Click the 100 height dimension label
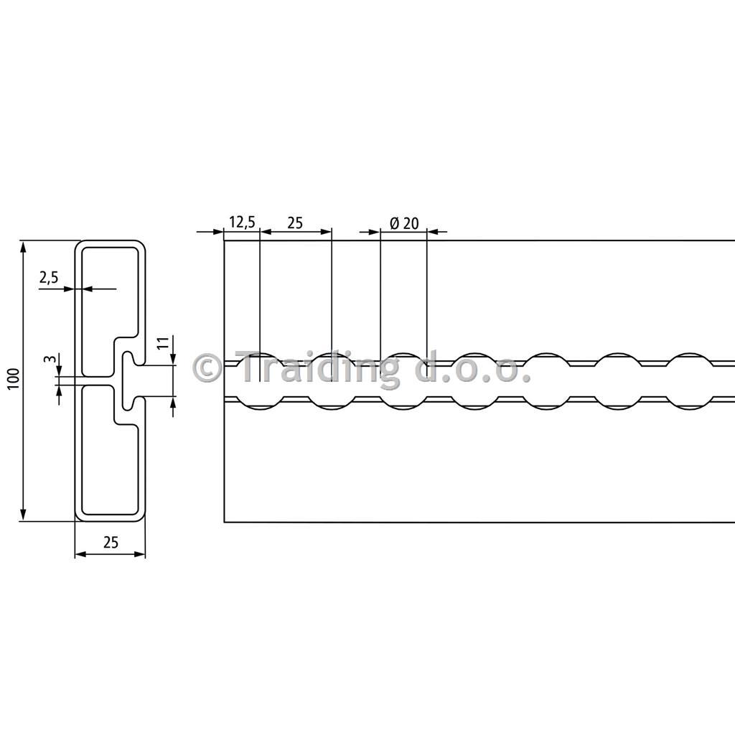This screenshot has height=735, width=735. pos(14,379)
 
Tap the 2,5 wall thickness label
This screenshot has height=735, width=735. pos(49,278)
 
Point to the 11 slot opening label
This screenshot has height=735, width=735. pos(163,342)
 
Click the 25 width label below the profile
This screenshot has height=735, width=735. pos(111,543)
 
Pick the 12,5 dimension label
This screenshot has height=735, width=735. pos(243,223)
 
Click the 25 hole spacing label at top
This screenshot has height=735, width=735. pos(295,223)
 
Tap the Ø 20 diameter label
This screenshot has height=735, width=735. pos(405,223)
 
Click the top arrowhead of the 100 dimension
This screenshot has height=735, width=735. pos(22,247)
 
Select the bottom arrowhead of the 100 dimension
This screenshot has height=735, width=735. pos(22,515)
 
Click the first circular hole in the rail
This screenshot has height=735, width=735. pos(261,380)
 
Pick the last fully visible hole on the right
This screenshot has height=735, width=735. pos(688,380)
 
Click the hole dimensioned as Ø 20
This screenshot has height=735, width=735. pos(403,380)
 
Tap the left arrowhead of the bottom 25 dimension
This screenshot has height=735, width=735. pos(80,554)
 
